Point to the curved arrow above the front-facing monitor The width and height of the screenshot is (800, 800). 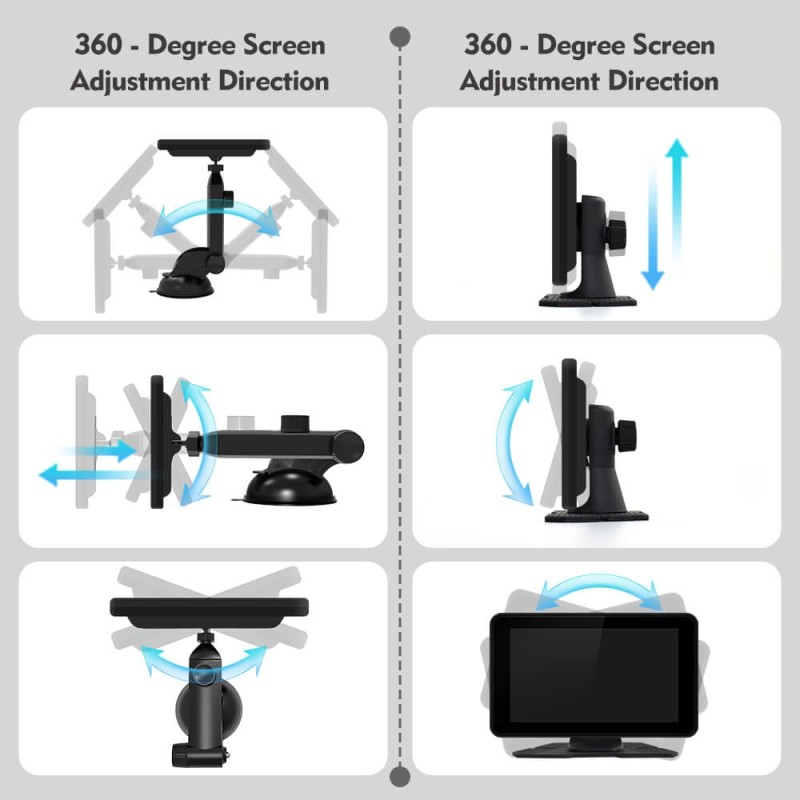coord(599,583)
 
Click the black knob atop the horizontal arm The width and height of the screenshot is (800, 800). coord(295,423)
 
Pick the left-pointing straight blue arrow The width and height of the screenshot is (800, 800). coord(97,475)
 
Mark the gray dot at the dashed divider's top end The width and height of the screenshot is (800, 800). coord(399,37)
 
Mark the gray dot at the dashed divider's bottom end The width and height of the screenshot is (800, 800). coord(399,777)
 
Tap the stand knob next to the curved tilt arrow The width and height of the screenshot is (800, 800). coord(627,436)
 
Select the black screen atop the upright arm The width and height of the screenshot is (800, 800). coord(214,147)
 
